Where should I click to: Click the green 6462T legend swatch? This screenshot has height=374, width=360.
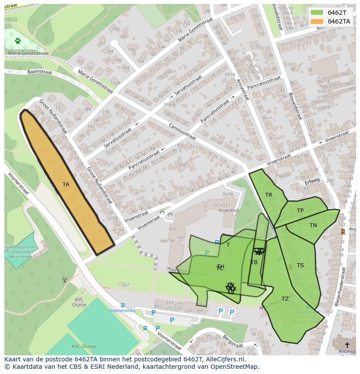point(317,13)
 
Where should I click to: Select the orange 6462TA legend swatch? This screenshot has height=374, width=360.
point(317,21)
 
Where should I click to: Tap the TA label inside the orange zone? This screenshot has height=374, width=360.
point(66,185)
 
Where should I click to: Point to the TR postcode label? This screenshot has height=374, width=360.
point(269,195)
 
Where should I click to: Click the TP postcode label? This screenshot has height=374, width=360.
point(300,211)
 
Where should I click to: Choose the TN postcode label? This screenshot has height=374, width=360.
point(313,225)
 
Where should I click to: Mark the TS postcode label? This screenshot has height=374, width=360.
point(300,265)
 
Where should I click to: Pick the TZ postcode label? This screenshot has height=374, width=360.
point(285,299)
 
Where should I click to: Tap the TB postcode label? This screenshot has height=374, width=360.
point(254,262)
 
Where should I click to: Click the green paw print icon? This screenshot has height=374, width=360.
point(18,41)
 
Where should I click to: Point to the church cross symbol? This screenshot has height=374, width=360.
point(347,344)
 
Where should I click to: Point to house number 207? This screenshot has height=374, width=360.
point(125,285)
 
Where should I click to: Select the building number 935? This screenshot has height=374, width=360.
point(172,229)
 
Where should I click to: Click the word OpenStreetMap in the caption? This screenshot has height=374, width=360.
point(234,367)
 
